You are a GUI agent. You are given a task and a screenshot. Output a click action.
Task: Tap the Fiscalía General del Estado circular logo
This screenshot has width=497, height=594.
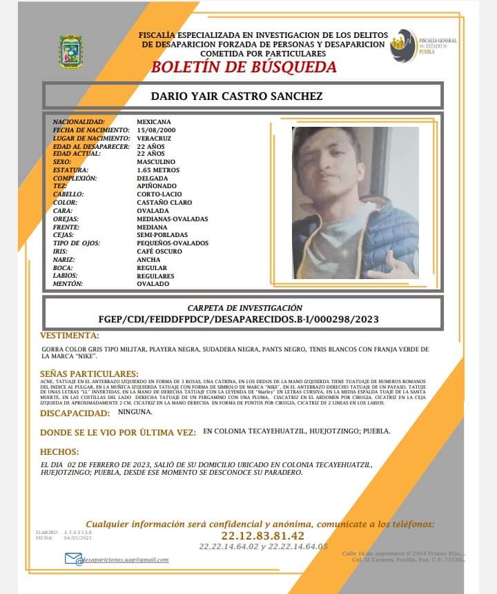(x=402, y=45)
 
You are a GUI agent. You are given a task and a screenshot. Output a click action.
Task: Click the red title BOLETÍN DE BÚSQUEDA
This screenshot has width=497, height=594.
(x=244, y=67)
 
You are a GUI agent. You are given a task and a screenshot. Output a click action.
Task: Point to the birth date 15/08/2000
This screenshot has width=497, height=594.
(x=156, y=130)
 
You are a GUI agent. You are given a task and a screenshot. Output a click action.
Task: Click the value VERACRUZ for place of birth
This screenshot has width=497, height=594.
(x=153, y=138)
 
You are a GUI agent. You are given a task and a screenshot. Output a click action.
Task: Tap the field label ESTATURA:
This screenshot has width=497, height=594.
(x=72, y=170)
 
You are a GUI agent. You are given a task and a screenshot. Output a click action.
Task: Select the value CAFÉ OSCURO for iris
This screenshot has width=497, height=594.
(x=159, y=252)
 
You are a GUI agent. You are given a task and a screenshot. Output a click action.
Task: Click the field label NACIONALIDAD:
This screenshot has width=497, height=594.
(x=79, y=121)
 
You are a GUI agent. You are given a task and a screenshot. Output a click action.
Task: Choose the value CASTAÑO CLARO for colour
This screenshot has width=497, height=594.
(x=164, y=203)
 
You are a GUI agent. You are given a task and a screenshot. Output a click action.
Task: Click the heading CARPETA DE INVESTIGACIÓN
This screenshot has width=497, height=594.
(x=245, y=307)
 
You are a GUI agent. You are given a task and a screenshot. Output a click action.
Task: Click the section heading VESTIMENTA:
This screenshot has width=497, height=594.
(x=70, y=336)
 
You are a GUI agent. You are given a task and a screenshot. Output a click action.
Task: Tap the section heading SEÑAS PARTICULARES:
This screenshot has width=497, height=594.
(x=89, y=373)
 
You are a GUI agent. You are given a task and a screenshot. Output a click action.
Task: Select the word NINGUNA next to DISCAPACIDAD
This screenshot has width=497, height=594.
(x=155, y=412)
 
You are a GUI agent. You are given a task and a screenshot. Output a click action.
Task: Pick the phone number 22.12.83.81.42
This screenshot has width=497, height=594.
(x=262, y=535)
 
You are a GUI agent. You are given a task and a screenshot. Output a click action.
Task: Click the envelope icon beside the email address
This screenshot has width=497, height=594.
(x=72, y=558)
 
